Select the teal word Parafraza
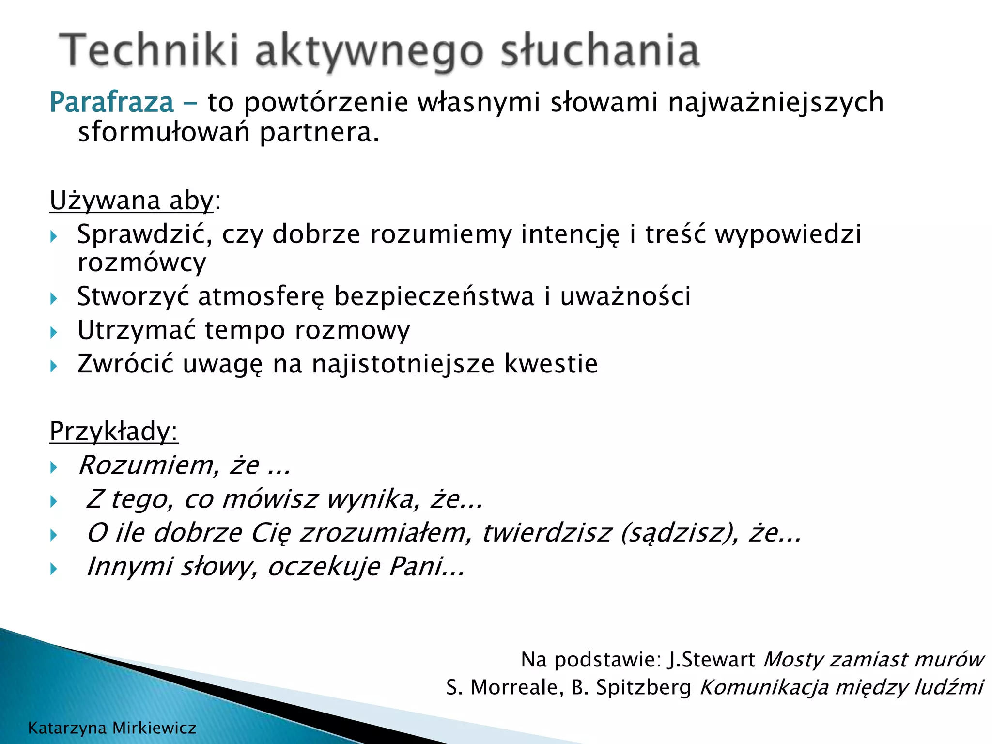pos(111,103)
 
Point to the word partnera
pos(319,132)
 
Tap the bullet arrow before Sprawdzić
pos(54,237)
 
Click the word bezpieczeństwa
pos(434,296)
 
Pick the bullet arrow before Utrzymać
pos(54,332)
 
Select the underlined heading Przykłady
pos(113,431)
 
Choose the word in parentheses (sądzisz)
pos(680,533)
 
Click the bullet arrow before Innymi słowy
pos(54,569)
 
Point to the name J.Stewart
pos(711,660)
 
